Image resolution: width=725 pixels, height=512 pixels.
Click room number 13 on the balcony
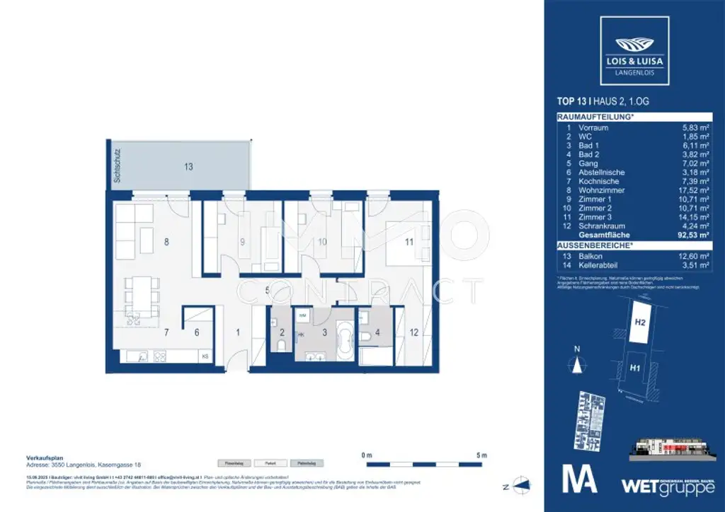(x=188, y=168)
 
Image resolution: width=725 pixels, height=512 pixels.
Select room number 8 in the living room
(x=167, y=242)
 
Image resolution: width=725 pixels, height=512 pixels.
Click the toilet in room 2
(x=282, y=344)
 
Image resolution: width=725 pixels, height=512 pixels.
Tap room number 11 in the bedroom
(x=409, y=242)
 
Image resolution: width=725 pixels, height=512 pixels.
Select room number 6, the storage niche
(x=198, y=332)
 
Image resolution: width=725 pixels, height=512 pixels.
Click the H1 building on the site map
(x=636, y=368)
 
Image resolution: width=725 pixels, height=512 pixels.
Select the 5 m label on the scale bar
(x=481, y=455)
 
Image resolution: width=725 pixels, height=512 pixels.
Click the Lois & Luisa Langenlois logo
(x=634, y=46)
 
